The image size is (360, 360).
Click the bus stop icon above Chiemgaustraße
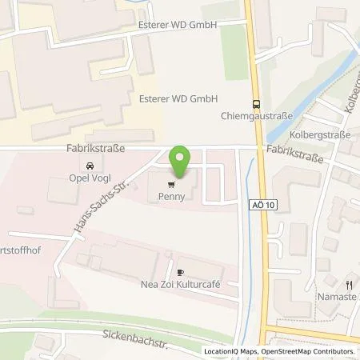point(255,102)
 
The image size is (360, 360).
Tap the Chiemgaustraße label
point(255,114)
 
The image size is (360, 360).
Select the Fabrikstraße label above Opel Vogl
point(89,149)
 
